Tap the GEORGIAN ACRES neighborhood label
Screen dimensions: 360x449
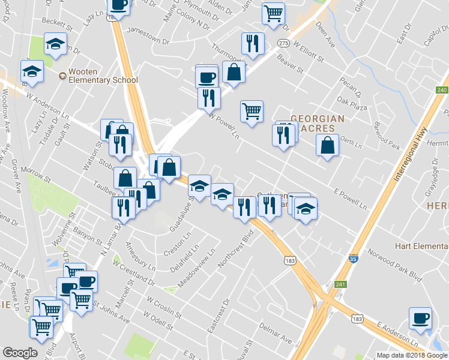(318, 124)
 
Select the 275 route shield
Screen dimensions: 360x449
(284, 43)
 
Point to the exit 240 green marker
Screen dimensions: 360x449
(442, 90)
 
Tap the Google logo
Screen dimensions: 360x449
(20, 353)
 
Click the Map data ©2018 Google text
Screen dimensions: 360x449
(412, 355)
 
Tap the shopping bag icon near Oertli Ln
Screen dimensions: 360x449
(327, 145)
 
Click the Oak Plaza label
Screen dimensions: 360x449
(352, 107)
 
